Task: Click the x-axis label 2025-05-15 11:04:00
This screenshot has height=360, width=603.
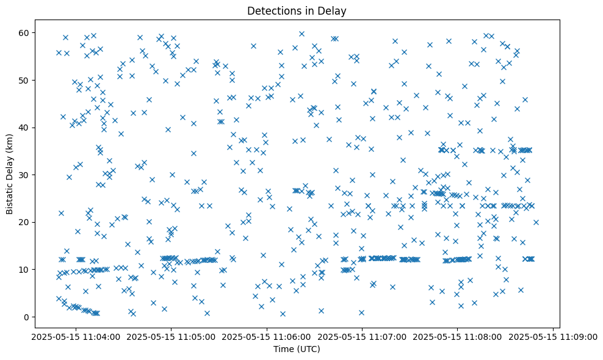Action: click(x=75, y=336)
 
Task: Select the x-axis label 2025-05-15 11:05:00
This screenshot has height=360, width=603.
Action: click(x=171, y=336)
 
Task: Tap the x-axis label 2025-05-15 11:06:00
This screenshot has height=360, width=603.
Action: click(x=267, y=336)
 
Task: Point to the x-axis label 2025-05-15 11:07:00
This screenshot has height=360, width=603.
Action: click(x=363, y=336)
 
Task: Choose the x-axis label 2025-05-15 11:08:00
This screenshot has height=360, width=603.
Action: click(x=458, y=336)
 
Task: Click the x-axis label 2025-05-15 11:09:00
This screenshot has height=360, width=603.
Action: click(x=554, y=336)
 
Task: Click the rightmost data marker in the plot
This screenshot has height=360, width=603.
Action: click(x=536, y=222)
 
